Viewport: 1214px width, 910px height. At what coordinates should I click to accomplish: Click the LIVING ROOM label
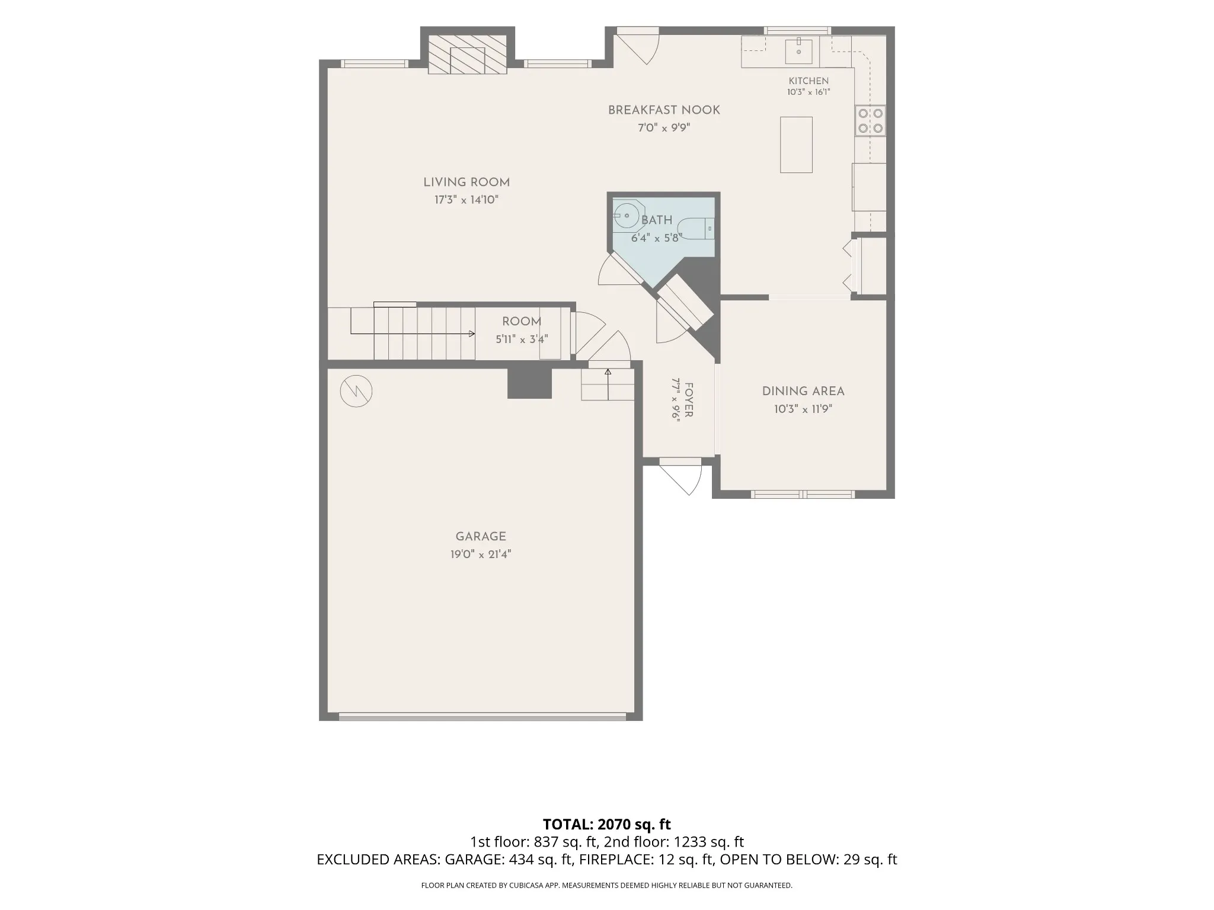467,182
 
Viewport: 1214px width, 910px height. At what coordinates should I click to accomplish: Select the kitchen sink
799,50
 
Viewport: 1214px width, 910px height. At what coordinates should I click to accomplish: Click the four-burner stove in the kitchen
870,120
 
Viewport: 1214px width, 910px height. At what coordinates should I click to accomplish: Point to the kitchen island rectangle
796,145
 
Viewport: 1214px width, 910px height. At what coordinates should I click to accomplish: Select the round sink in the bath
626,216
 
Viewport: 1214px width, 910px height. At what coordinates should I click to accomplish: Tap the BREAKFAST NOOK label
664,110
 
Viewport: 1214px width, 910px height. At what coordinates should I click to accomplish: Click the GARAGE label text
481,537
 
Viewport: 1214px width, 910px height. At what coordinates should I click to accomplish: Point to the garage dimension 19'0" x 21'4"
481,555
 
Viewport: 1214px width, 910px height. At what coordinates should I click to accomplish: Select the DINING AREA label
803,392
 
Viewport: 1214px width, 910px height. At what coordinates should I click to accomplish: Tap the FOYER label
689,400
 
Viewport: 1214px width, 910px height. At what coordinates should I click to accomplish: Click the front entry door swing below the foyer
681,477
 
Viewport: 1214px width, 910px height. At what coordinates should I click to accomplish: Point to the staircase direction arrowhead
472,334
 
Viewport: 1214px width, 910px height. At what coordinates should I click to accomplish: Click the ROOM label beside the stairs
522,322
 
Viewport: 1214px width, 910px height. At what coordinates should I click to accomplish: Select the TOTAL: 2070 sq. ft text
607,824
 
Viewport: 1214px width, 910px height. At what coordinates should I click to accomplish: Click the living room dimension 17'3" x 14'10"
467,200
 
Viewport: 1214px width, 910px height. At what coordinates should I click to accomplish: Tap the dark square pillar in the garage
530,383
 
